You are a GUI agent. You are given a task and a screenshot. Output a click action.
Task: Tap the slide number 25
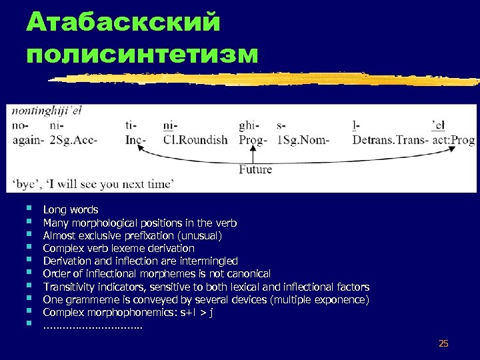(443, 343)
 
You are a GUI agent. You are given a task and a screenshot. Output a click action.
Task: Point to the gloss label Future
(255, 169)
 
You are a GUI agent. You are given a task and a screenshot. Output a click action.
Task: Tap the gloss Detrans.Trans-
(389, 140)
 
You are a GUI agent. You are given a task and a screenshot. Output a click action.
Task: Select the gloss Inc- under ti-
(135, 140)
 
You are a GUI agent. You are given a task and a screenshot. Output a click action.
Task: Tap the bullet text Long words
(70, 210)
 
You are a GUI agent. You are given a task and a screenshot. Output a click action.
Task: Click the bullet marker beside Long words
(27, 209)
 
